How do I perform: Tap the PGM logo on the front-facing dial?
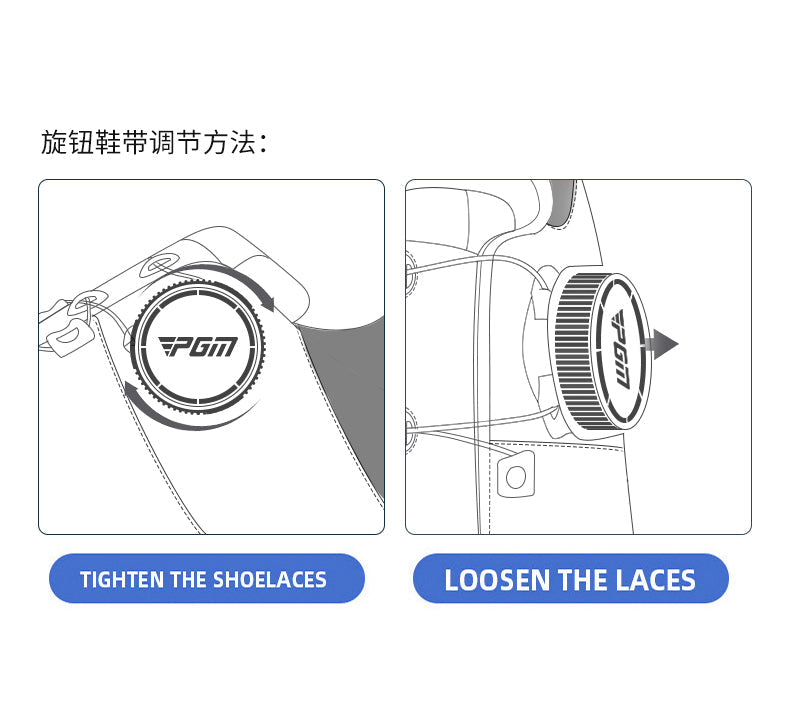point(198,346)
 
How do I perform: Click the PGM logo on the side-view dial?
point(621,350)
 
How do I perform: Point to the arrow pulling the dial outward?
point(661,345)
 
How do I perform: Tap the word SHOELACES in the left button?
point(270,579)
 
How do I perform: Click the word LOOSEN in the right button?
point(497,580)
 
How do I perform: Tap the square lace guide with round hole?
point(515,475)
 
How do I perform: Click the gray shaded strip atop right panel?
point(560,202)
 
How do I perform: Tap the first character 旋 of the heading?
point(53,142)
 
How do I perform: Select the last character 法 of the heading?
point(244,142)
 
